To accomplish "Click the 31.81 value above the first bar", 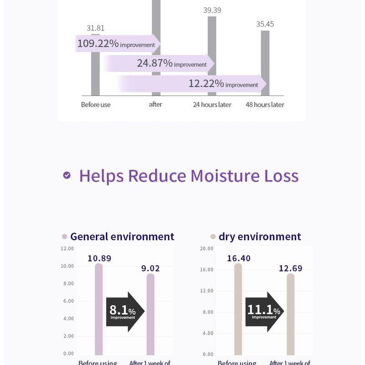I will [95, 28].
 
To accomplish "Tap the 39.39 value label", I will [212, 10].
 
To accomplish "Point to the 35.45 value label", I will [265, 24].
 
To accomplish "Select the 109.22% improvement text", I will [116, 44].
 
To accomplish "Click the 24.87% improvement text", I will [172, 63].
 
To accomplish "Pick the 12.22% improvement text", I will [223, 83].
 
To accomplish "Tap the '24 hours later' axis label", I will [212, 104].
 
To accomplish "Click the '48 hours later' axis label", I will [265, 104].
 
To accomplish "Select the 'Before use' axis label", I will [96, 104].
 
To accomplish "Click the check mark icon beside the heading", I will [67, 175].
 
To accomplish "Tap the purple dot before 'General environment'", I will [64, 237].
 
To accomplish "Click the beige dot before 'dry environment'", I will [213, 237].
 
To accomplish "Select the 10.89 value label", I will [99, 258].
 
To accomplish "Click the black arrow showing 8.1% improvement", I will [125, 312].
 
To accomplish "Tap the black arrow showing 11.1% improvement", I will [264, 312].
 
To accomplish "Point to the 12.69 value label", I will [290, 268].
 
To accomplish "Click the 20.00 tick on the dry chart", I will [207, 249].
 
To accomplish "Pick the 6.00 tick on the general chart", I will [68, 301].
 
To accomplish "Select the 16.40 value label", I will [239, 258].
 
